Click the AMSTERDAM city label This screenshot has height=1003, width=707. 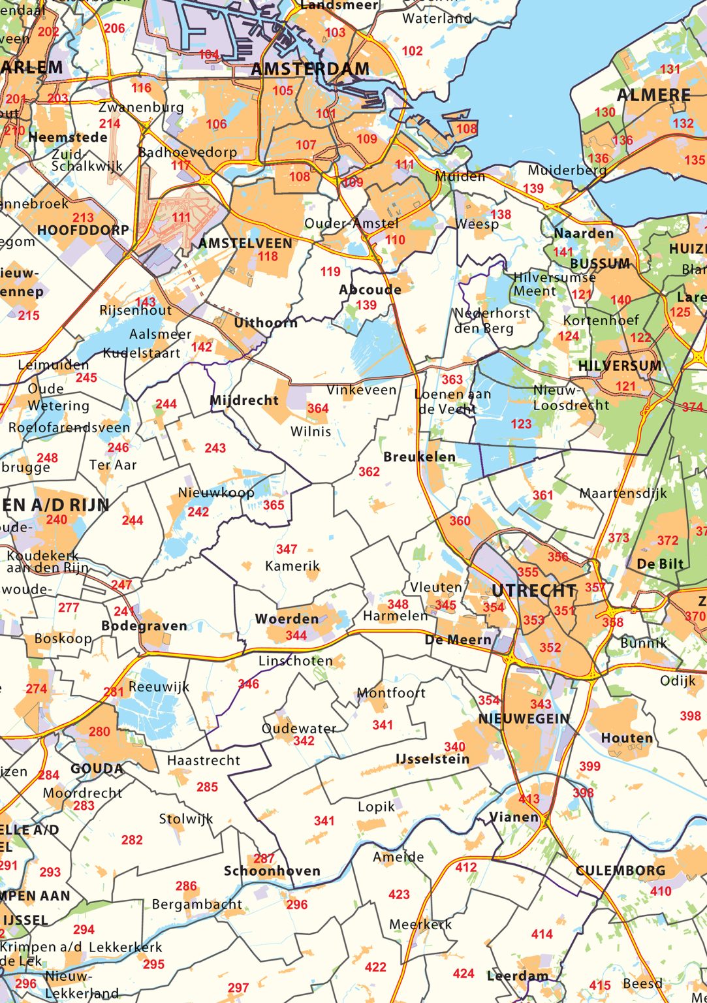[310, 69]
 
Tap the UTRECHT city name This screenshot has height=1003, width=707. [534, 591]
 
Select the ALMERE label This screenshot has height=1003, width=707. [653, 95]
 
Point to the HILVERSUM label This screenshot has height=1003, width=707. [620, 366]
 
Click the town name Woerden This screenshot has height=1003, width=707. [287, 619]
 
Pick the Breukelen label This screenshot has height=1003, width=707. [420, 457]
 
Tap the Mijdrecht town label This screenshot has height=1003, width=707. [244, 400]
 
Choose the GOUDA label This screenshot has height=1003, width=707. [97, 769]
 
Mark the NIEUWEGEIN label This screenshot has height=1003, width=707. [524, 719]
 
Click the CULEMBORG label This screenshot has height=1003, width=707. [620, 870]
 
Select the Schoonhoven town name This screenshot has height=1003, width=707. [272, 871]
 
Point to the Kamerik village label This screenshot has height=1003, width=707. [292, 565]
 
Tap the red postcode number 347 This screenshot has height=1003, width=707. [287, 549]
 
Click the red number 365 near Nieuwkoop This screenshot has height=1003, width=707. [274, 505]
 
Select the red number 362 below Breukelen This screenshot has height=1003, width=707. [369, 471]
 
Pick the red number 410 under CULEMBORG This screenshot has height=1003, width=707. [661, 891]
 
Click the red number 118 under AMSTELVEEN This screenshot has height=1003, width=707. [268, 257]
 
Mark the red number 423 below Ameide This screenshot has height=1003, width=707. [399, 895]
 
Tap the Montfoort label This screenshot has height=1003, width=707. [391, 693]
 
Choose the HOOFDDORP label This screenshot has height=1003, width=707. [83, 231]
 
